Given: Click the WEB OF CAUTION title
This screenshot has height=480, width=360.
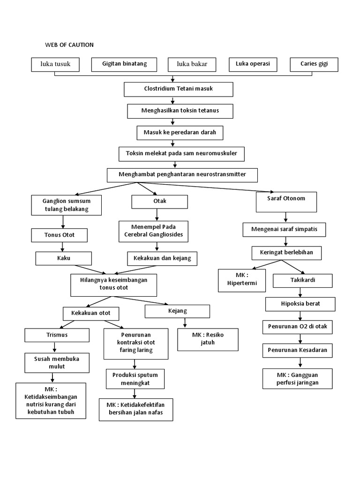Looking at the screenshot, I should click(x=69, y=45).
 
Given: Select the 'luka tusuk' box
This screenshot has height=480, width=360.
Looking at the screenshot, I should click(x=55, y=64).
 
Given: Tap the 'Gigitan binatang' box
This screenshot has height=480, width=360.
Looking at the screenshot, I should click(x=124, y=64).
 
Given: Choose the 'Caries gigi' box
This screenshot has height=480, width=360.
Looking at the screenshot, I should click(x=314, y=64).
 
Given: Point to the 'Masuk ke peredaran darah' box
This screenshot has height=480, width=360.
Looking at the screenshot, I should click(x=180, y=133).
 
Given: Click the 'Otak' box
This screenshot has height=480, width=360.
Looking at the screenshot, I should click(x=159, y=202).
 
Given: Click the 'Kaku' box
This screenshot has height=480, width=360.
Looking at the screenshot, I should click(x=63, y=258).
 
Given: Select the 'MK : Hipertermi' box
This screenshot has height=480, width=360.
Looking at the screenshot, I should click(x=242, y=280).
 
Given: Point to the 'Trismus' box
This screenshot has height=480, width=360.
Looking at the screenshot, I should click(x=56, y=335).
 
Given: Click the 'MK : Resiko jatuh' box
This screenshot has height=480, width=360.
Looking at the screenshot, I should click(x=207, y=339).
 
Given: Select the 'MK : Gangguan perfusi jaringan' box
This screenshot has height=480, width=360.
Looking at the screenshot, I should click(x=298, y=379).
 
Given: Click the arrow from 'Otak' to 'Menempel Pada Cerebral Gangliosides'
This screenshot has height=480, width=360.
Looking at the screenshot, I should click(x=157, y=214).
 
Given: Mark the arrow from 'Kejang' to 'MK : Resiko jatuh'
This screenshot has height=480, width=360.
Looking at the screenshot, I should click(x=186, y=322).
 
